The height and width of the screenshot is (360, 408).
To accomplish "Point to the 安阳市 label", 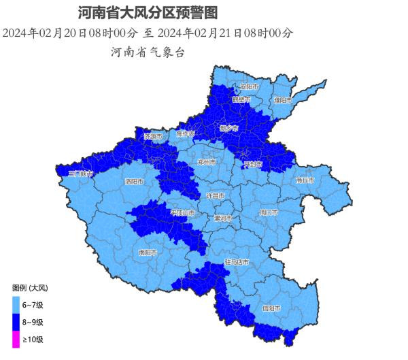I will coord(250,87).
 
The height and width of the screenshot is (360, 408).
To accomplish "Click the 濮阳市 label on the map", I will coord(283,100).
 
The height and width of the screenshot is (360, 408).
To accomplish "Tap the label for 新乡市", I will coord(229,128).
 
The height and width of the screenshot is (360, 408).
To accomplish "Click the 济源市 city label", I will coord(153,136).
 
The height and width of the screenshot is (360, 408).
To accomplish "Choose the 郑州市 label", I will coord(206,163).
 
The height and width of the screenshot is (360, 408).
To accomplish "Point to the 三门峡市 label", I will coord(80,174).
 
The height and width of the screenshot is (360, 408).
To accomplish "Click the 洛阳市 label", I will coord(134,182).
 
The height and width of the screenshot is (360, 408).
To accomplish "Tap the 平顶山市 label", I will coord(182,213).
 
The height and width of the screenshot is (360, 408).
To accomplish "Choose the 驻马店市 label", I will coord(236,262).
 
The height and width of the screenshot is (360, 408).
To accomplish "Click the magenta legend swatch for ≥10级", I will coord(15,338).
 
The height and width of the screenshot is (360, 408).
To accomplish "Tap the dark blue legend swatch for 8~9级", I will coord(15,321).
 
